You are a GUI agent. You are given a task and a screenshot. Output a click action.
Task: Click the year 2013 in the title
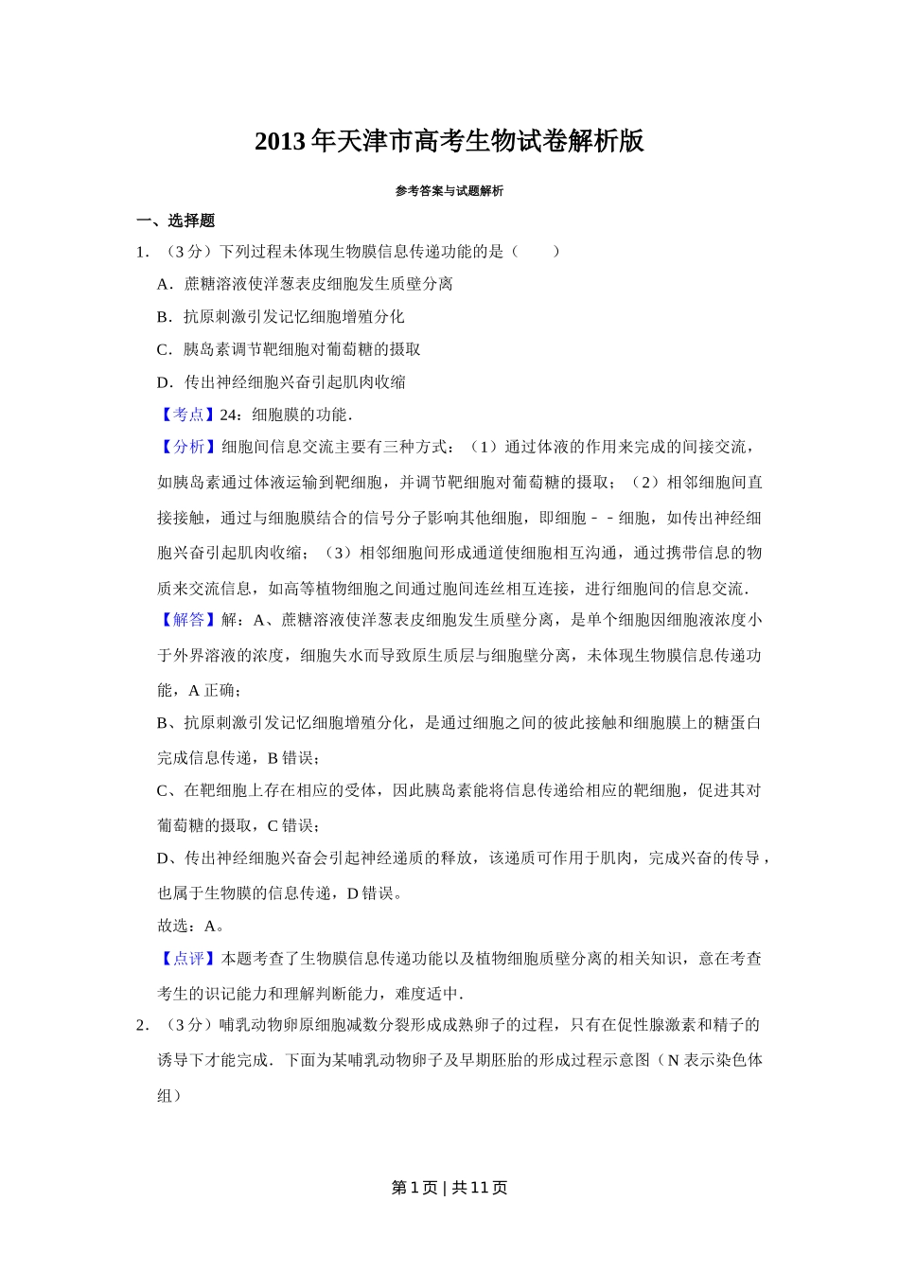pos(280,142)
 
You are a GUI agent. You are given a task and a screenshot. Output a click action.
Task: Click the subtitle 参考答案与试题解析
pos(449,191)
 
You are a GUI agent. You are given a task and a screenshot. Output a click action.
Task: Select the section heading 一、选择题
pos(176,221)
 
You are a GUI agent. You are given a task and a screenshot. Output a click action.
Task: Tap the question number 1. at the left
pos(143,252)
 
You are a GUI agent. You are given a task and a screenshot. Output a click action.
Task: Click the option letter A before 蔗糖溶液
pos(164,284)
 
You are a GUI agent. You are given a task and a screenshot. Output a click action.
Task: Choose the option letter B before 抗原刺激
pos(164,317)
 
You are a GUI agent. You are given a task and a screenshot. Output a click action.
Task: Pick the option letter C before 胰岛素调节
pos(164,349)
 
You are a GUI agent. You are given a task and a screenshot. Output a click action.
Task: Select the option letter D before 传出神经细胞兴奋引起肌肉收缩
pos(164,382)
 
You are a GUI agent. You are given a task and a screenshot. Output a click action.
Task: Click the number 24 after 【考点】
pos(228,415)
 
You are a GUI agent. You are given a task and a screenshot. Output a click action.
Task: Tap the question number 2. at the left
pos(143,1025)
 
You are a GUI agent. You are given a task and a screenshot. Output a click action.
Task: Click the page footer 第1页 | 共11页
pos(449,1188)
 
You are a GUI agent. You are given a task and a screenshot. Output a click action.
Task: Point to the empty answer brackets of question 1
pos(536,252)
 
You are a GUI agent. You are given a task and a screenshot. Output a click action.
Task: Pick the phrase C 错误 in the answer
pos(292,825)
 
